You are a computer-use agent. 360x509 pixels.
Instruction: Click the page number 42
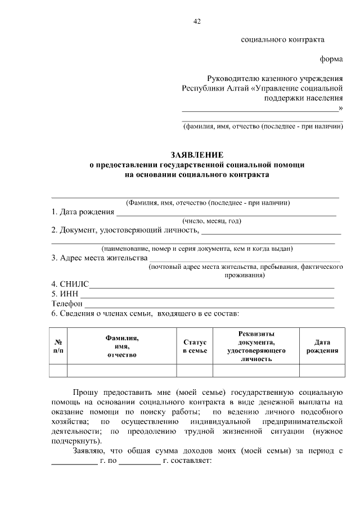[196, 21]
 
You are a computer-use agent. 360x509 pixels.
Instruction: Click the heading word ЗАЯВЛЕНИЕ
[197, 155]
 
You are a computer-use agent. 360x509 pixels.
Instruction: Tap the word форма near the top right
[331, 59]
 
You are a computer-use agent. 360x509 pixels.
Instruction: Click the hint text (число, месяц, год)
[211, 221]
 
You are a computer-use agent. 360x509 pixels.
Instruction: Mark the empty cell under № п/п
[58, 370]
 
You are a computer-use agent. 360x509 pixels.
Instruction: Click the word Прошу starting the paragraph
[85, 391]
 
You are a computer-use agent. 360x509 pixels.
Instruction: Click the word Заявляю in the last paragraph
[88, 451]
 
